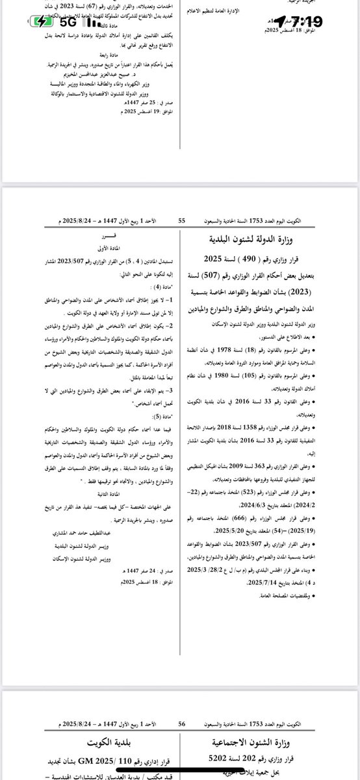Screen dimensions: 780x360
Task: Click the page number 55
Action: pos(182,221)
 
